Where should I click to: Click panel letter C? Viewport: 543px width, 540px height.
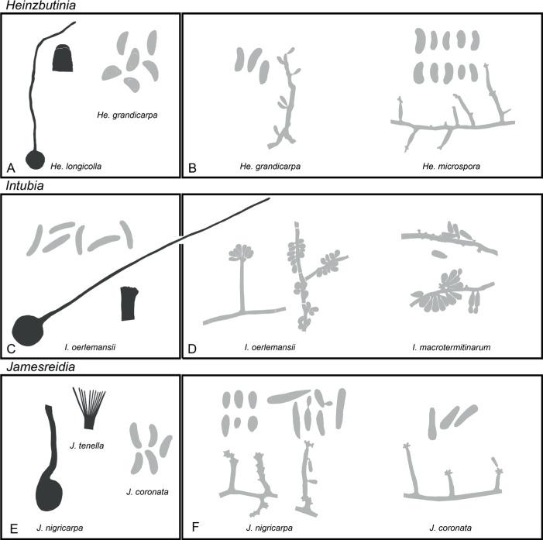point(11,347)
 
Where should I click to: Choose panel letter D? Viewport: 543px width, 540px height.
point(193,347)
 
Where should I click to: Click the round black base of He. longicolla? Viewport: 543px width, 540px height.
point(35,159)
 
